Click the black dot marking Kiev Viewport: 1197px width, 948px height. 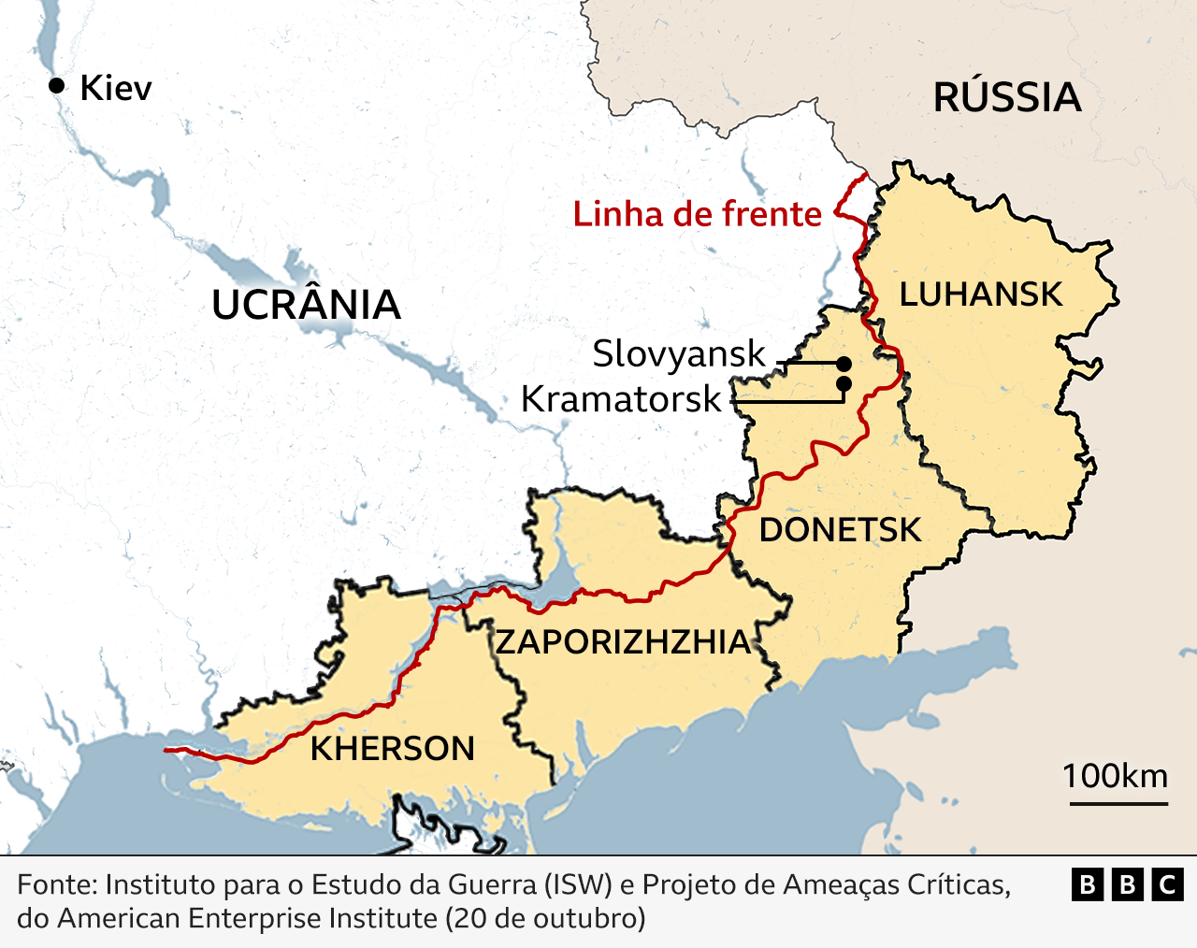(x=57, y=86)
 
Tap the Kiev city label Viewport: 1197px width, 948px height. (x=116, y=88)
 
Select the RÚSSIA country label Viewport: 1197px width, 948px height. (x=1007, y=98)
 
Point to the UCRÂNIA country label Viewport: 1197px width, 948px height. (x=306, y=306)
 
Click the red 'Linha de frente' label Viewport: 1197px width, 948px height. (x=697, y=214)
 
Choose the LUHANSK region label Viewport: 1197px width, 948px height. (x=981, y=294)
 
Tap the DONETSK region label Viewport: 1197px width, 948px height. (x=840, y=530)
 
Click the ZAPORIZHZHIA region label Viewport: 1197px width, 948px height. (x=624, y=642)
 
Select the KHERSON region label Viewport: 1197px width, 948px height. (x=393, y=749)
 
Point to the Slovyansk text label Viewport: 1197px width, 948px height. (x=679, y=354)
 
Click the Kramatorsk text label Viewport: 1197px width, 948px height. (x=621, y=399)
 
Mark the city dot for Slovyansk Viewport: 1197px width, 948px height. (x=844, y=363)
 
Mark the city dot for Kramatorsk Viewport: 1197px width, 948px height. (x=844, y=383)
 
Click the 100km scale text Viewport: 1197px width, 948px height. (x=1115, y=776)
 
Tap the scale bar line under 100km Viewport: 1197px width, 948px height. (x=1118, y=802)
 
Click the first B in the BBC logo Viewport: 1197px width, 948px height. (x=1087, y=884)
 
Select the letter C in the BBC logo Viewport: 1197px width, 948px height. (x=1167, y=884)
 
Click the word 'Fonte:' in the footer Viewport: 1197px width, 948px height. (x=57, y=884)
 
